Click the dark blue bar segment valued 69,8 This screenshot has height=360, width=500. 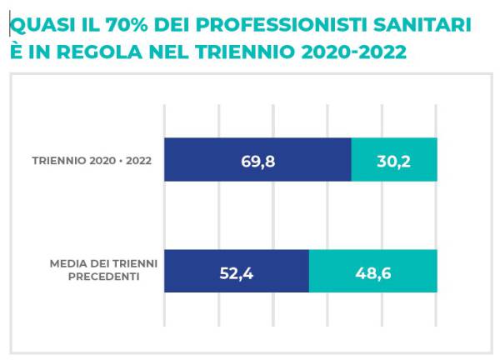tap(257, 160)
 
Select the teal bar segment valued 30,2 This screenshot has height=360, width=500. tap(394, 160)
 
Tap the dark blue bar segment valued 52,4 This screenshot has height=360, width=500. tap(237, 271)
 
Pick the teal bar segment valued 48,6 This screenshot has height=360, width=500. tap(372, 271)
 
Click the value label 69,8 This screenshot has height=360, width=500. tap(258, 161)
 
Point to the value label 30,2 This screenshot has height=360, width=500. tap(394, 161)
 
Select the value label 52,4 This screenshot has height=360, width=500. tap(237, 272)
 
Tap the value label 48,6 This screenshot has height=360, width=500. tap(372, 272)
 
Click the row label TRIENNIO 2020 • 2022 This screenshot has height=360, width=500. tap(92, 161)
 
